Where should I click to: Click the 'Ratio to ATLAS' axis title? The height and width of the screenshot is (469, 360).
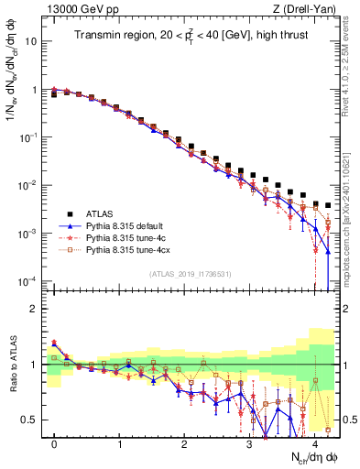(x=12, y=365)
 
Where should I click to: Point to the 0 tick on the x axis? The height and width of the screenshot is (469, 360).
(x=55, y=444)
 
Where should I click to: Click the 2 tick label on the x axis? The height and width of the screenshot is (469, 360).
(x=185, y=444)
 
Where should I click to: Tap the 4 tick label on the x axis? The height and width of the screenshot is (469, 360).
(x=315, y=444)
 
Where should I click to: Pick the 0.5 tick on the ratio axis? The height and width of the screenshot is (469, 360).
(x=32, y=420)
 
